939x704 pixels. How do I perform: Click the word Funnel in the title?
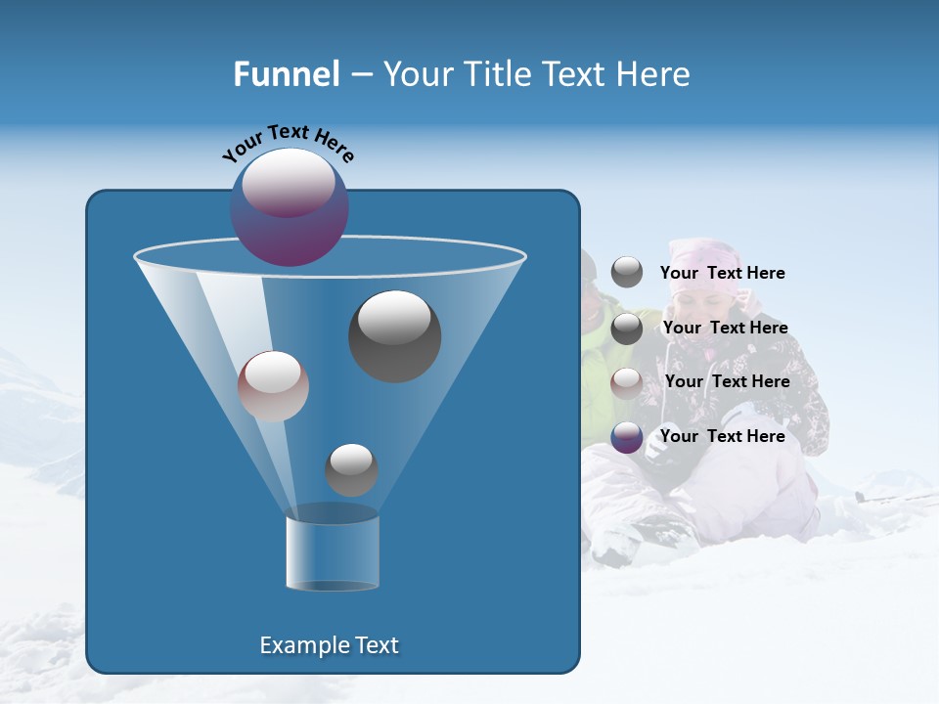(286, 74)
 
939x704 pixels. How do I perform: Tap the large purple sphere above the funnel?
(290, 207)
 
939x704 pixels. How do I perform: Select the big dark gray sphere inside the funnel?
(394, 335)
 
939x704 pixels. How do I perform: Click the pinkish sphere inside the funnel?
(273, 386)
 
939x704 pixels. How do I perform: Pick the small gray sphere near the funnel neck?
(351, 469)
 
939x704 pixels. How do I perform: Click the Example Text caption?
(330, 645)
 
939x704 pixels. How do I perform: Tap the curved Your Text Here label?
(288, 143)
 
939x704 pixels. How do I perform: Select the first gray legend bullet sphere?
(627, 272)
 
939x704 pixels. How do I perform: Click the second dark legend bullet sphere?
(627, 329)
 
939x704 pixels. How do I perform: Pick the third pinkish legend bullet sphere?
(627, 382)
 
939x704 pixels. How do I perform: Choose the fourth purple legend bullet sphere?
(627, 437)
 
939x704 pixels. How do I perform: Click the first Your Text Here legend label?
(722, 273)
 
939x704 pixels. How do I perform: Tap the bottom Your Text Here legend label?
(722, 436)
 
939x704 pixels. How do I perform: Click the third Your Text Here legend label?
(727, 381)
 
